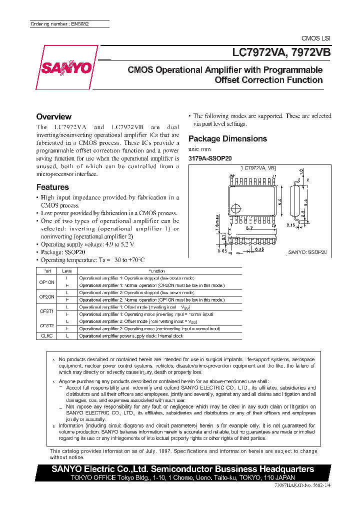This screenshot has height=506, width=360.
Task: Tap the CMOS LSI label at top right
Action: point(315,38)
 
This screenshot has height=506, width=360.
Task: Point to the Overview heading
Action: point(54,116)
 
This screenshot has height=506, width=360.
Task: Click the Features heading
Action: point(52,187)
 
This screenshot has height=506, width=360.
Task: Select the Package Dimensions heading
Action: point(227,138)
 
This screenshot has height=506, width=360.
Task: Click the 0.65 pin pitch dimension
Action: point(221,251)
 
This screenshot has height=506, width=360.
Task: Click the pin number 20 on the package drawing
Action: point(231,176)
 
